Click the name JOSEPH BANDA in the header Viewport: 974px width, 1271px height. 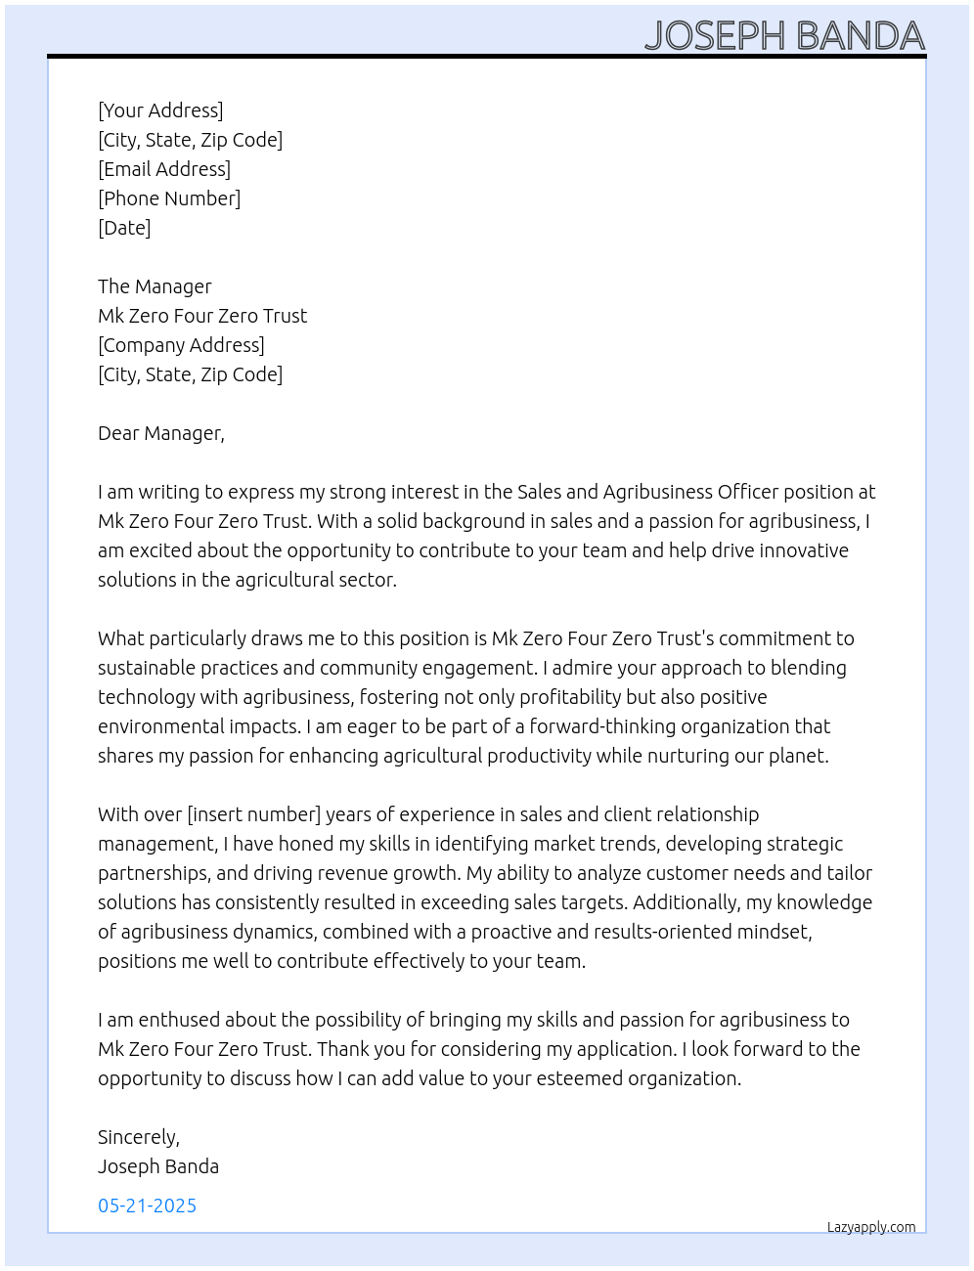[784, 35]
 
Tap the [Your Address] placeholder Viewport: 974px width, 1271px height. [160, 110]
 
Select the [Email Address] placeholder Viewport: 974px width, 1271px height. [164, 169]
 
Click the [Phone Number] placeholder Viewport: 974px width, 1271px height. [169, 198]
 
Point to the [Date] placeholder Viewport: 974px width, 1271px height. [124, 228]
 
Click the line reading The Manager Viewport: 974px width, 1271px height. [155, 286]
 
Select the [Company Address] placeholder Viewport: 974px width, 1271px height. [181, 345]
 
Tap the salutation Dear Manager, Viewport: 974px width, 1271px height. [161, 433]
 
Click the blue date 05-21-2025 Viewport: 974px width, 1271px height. [147, 1205]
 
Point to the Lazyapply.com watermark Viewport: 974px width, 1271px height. [871, 1227]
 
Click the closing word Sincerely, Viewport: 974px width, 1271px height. [139, 1137]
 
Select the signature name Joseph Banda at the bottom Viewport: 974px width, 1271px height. [158, 1166]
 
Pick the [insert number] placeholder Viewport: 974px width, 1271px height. [254, 814]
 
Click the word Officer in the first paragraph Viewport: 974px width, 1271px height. [748, 492]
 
